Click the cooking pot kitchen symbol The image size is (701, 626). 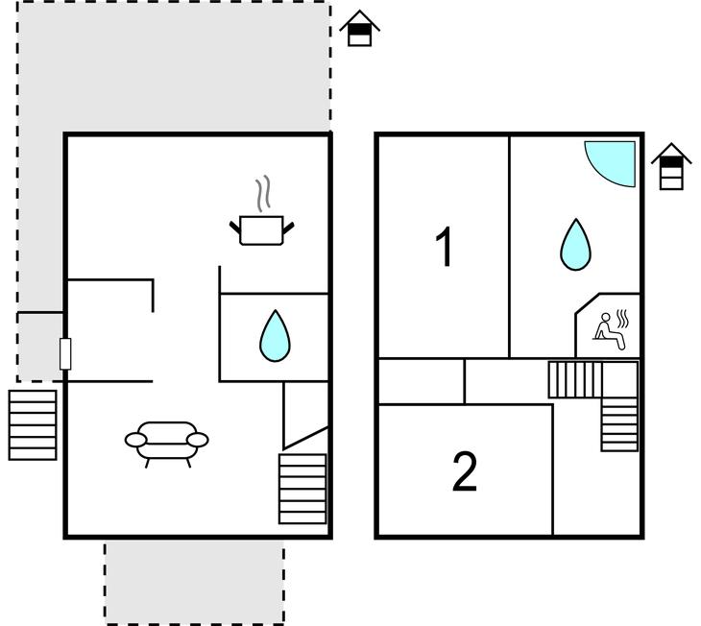pos(261,230)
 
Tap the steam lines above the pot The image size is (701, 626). pos(263,193)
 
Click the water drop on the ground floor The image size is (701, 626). pos(275,336)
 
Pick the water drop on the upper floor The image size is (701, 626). pos(576,245)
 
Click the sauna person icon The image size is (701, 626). pos(609,331)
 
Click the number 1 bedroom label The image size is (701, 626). pos(444,247)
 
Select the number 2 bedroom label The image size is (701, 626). pos(465,471)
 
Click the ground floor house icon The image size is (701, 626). pos(359,28)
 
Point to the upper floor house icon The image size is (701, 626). pos(671,166)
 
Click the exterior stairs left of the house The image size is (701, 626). pos(33,425)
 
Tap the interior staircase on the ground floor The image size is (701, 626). pos(302,489)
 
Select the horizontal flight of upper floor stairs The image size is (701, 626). pos(575,379)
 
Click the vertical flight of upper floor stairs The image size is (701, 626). pos(619,424)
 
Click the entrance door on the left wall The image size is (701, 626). pos(65,354)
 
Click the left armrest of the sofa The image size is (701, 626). pos(136,440)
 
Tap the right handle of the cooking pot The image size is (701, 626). pos(289,228)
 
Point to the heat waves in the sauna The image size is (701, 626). pos(622,319)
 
